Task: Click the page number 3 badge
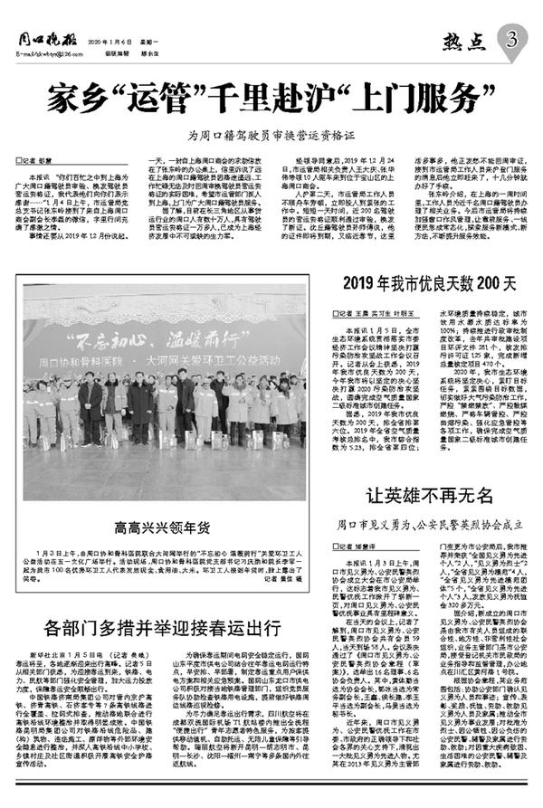[512, 40]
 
